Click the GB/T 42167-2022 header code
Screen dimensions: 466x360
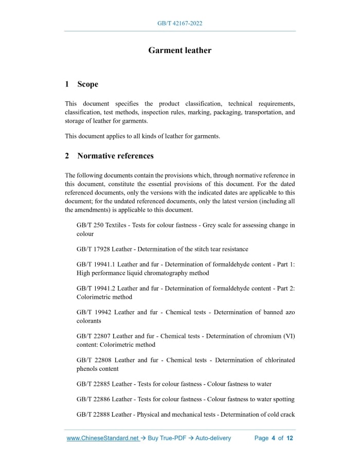tap(179, 24)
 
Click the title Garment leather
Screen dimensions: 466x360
tap(179, 50)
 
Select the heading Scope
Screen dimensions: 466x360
tap(87, 84)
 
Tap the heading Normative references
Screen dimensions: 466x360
tap(115, 156)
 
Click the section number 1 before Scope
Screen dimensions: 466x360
tap(67, 84)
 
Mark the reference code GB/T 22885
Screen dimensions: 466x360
tap(93, 384)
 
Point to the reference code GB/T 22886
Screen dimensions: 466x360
tap(93, 400)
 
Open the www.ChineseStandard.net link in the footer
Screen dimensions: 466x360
tap(103, 438)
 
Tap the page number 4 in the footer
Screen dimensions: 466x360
tap(274, 438)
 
